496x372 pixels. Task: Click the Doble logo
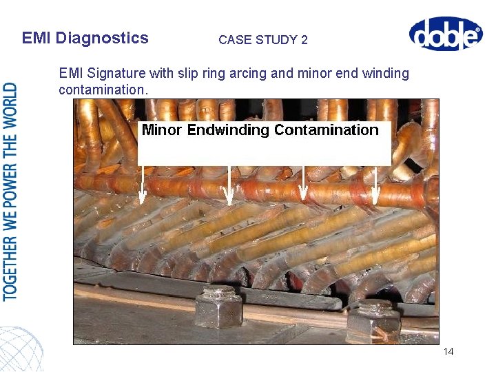pyautogui.click(x=445, y=34)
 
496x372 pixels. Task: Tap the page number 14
pyautogui.click(x=448, y=351)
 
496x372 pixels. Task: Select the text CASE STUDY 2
pyautogui.click(x=263, y=40)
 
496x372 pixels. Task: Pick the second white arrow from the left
pyautogui.click(x=229, y=185)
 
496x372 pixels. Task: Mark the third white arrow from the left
pyautogui.click(x=304, y=185)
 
